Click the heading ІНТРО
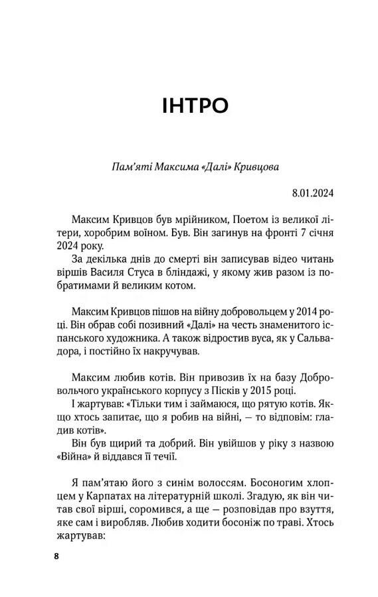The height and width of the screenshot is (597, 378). point(195,105)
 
